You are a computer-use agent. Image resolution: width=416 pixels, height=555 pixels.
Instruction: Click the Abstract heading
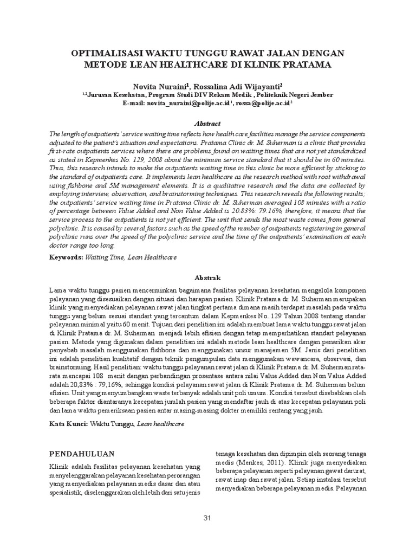tap(208, 124)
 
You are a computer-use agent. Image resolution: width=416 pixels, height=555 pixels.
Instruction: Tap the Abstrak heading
tap(208, 277)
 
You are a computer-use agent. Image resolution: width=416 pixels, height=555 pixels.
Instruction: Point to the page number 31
tap(207, 519)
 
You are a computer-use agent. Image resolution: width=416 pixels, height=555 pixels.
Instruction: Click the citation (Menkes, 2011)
tap(249, 464)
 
